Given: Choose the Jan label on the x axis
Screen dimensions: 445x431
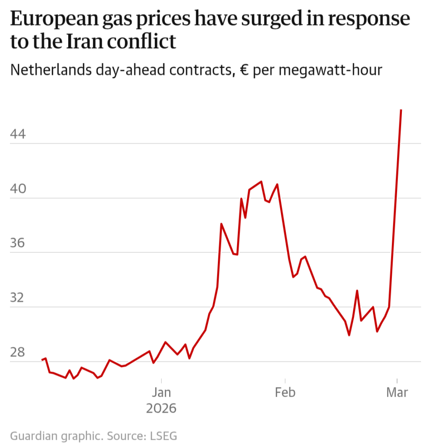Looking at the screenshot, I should pyautogui.click(x=161, y=392).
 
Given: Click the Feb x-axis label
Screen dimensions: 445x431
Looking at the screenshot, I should pyautogui.click(x=285, y=392).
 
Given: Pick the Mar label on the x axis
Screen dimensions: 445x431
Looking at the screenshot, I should pyautogui.click(x=397, y=392).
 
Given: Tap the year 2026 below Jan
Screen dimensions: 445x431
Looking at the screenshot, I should pyautogui.click(x=161, y=409).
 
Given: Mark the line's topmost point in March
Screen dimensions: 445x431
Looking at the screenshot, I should pyautogui.click(x=401, y=110).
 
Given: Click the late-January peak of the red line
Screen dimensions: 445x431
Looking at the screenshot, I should pyautogui.click(x=261, y=181).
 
